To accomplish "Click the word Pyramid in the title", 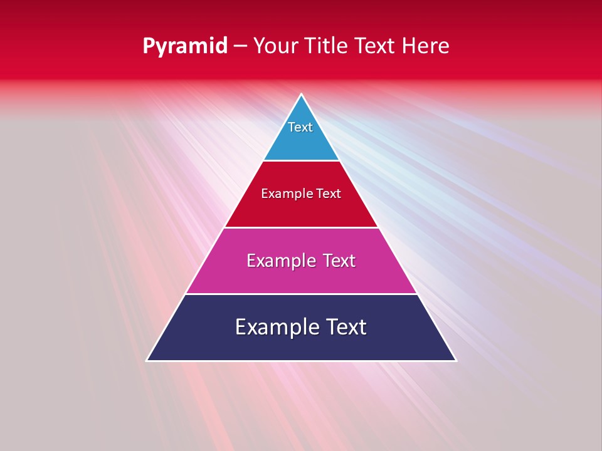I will tap(184, 46).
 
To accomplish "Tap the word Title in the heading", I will tap(329, 46).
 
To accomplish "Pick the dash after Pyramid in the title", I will tap(240, 46).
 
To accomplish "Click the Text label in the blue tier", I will tap(300, 127).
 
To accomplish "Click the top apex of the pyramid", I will tap(301, 95).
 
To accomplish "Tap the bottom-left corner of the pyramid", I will tap(147, 360).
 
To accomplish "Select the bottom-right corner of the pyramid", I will tap(455, 360).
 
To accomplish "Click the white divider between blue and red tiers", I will tap(301, 161).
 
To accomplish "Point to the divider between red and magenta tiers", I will tap(301, 227).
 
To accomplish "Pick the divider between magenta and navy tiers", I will tap(301, 294).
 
